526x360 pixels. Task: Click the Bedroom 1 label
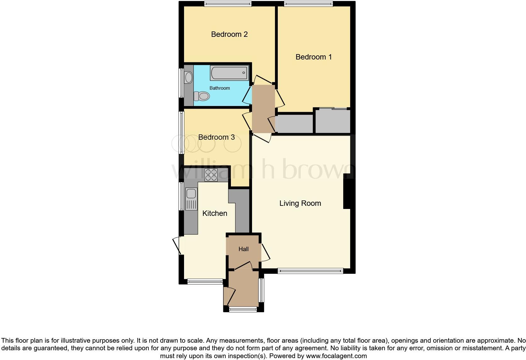click(x=314, y=57)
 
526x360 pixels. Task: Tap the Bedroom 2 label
click(x=229, y=34)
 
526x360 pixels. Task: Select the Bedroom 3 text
click(x=216, y=137)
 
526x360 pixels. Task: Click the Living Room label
click(x=300, y=203)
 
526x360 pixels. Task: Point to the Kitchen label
click(x=215, y=213)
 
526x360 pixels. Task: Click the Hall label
click(x=243, y=249)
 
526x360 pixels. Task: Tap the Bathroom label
click(x=220, y=88)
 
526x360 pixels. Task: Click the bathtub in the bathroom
click(x=229, y=73)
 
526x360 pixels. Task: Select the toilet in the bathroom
click(x=202, y=96)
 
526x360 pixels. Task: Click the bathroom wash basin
click(x=188, y=77)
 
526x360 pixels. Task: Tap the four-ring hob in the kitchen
click(x=211, y=175)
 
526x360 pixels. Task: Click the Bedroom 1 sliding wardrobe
click(x=333, y=121)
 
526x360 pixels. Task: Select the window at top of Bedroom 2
click(x=227, y=4)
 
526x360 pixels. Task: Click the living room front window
click(x=310, y=271)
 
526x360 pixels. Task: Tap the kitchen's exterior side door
click(x=177, y=246)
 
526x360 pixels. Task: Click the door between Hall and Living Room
click(x=265, y=252)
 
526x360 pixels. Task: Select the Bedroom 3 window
click(x=181, y=132)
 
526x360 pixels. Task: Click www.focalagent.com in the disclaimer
click(x=336, y=356)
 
